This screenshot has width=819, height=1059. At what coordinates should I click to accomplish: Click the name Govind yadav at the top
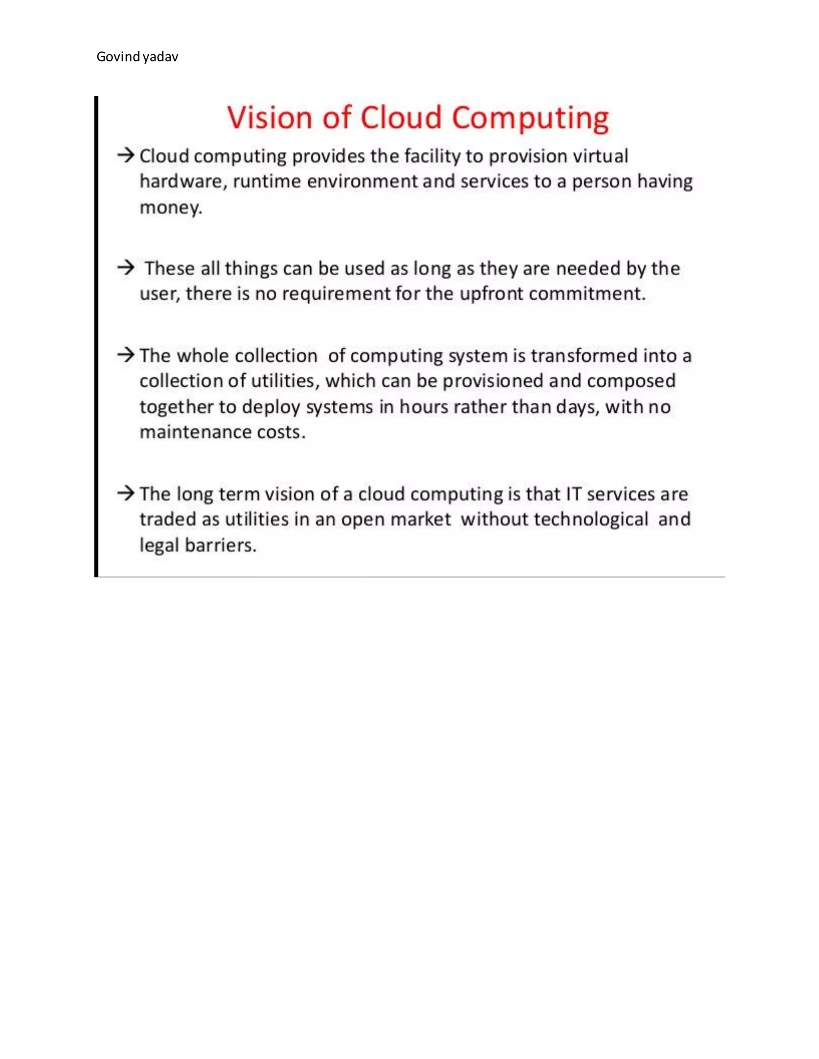137,57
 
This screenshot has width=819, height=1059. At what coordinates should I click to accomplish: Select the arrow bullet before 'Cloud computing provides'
126,155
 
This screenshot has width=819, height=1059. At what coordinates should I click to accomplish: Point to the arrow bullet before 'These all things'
126,267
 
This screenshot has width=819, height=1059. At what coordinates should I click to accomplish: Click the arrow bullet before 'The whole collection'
126,355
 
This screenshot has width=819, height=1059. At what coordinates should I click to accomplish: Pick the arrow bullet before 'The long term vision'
126,493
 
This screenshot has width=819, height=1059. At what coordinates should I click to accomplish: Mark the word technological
591,520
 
